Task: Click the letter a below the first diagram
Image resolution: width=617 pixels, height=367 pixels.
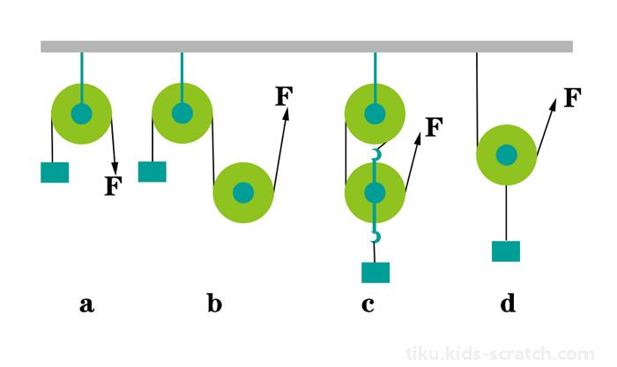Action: tap(87, 305)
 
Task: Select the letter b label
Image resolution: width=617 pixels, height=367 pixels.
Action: tap(214, 303)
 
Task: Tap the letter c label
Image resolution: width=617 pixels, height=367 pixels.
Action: tap(368, 305)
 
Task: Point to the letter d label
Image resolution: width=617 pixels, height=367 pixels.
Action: tap(508, 303)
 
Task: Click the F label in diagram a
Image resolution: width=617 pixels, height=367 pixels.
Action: tap(114, 186)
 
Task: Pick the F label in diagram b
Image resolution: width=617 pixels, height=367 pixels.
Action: tap(284, 96)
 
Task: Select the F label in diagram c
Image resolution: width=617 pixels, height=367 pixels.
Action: tap(435, 127)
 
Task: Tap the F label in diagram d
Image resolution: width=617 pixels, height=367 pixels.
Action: tap(573, 98)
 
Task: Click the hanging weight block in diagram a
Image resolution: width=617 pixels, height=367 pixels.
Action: tap(55, 173)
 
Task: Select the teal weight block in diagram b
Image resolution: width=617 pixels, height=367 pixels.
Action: tap(152, 172)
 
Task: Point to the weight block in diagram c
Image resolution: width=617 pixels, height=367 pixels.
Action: tap(375, 273)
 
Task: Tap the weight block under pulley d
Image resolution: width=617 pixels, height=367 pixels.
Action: tap(506, 251)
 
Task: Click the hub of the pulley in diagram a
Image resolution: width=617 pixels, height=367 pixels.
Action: tap(81, 114)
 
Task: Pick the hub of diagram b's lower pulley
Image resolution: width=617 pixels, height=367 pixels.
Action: tap(243, 192)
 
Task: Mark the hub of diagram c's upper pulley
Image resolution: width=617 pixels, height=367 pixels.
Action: tap(375, 114)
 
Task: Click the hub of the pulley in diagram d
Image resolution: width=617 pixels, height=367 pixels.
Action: tap(507, 154)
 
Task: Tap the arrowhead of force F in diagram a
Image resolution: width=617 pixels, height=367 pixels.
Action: tap(115, 169)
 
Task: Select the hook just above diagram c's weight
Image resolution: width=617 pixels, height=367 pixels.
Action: tap(375, 237)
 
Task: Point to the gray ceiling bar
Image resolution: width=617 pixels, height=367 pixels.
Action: tap(307, 47)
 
